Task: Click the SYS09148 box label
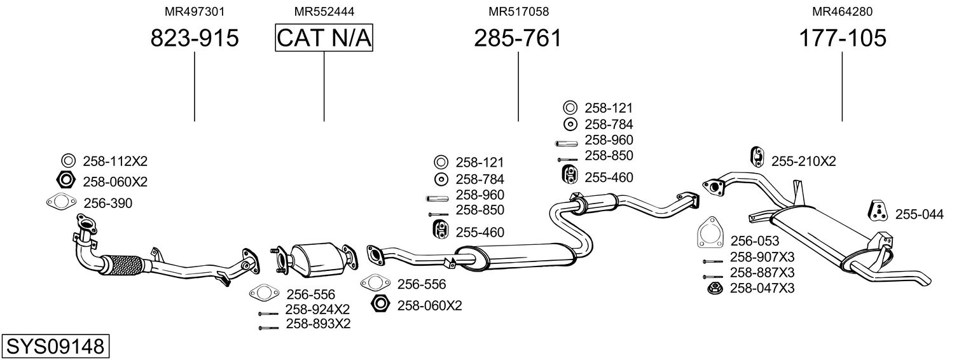55,346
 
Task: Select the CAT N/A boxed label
324,38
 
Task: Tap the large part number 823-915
195,38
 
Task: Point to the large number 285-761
518,38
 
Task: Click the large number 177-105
842,38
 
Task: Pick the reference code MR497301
195,11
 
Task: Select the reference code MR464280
842,11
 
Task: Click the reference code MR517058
518,11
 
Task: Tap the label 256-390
108,203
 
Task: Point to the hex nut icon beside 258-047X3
714,289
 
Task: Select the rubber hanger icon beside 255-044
878,212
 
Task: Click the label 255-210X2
803,162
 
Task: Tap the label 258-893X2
318,324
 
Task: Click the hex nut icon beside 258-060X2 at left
67,181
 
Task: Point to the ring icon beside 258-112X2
68,161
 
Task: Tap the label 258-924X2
317,310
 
